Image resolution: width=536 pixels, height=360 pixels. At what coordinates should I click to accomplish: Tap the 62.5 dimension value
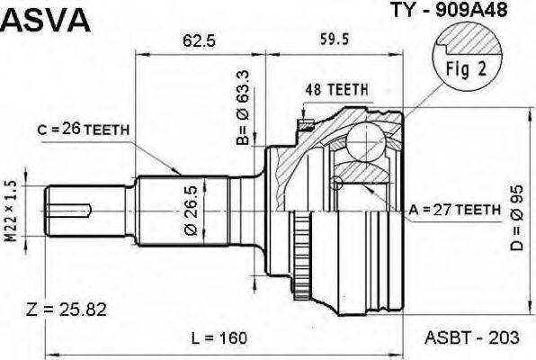(x=192, y=40)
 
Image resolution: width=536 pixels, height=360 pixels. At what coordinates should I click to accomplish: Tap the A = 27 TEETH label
(x=454, y=209)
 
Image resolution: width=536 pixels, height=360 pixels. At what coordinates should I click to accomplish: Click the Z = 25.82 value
(x=67, y=310)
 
